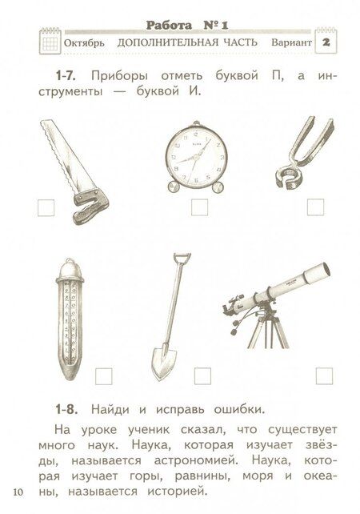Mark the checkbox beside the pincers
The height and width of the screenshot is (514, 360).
tap(315, 207)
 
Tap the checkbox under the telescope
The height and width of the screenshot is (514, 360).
tap(324, 375)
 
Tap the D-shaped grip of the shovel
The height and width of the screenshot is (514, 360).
tap(180, 262)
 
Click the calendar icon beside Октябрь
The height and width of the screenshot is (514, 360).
tap(50, 41)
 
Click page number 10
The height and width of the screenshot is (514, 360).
tap(18, 489)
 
